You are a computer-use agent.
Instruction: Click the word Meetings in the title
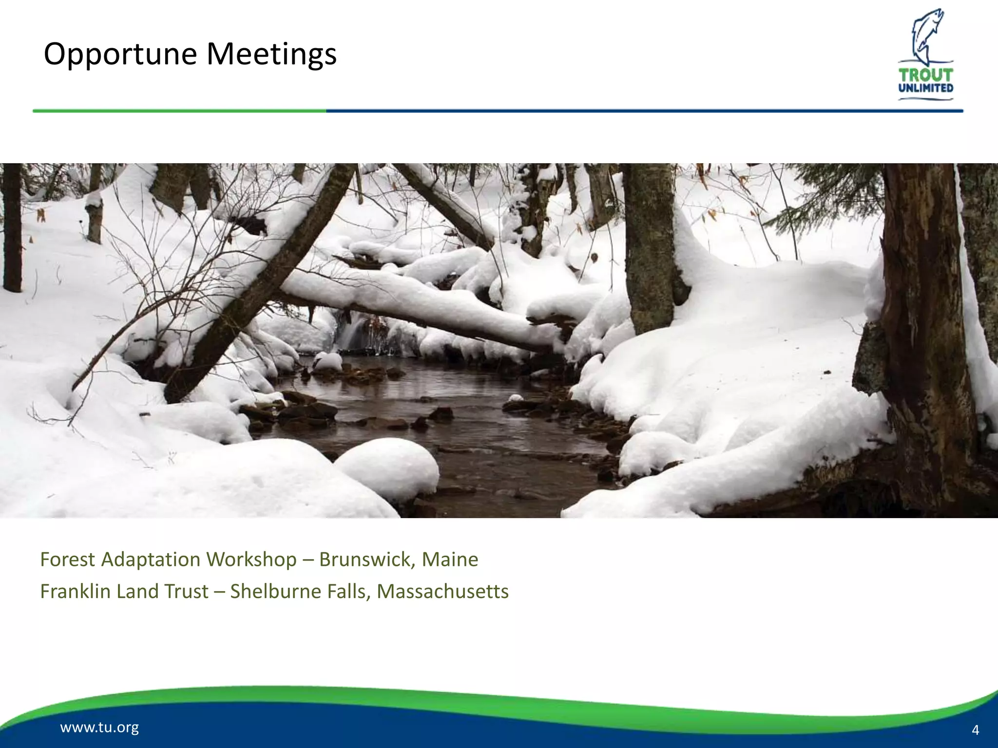coord(271,54)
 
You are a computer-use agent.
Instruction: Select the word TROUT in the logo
coord(926,75)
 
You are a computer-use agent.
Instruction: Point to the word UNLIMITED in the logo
coord(926,88)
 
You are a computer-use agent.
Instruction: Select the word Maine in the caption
coord(450,559)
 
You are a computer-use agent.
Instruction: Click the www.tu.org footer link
coord(99,728)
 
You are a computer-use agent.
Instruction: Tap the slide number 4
coord(975,729)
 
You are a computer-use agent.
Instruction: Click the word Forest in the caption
coord(67,559)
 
